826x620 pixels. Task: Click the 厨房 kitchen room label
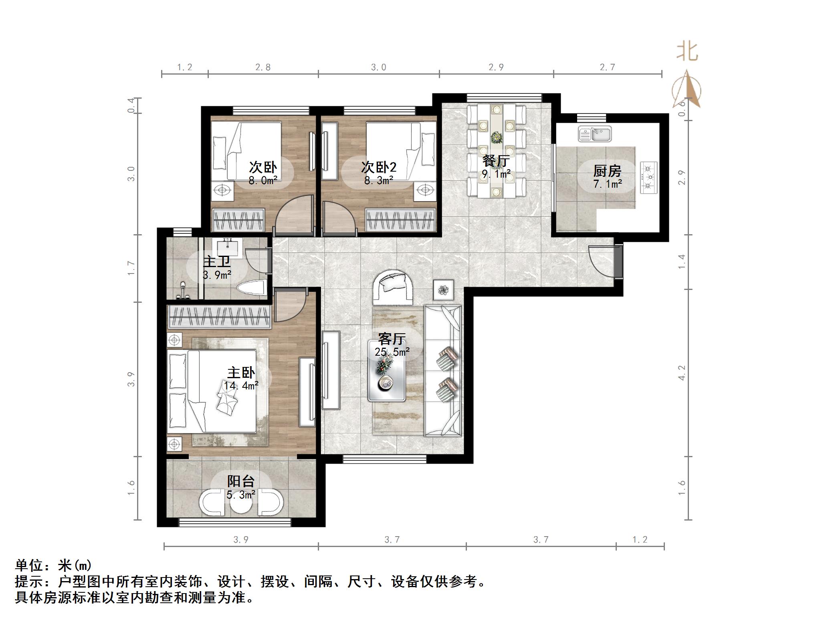click(607, 171)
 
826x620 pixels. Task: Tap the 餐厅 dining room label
click(496, 161)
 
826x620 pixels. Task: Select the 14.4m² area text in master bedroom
click(241, 386)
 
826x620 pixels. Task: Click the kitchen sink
click(595, 134)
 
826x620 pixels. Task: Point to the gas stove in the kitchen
click(649, 177)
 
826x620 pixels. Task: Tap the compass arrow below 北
click(688, 89)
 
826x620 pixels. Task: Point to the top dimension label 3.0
click(378, 67)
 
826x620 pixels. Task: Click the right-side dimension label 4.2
click(682, 373)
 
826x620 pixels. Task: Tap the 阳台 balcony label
click(241, 481)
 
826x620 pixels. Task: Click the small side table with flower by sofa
click(444, 290)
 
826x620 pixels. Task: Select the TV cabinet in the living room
click(331, 370)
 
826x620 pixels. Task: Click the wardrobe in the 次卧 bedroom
click(238, 220)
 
